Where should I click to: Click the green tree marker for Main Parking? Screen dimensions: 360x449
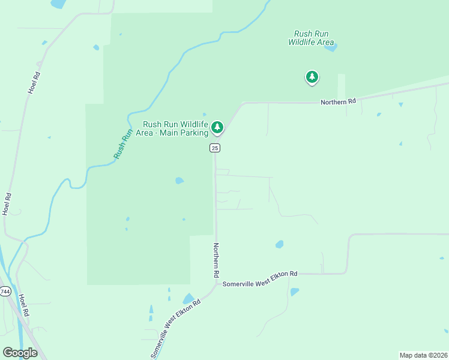click(x=217, y=127)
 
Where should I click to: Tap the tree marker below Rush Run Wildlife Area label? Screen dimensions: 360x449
click(x=312, y=77)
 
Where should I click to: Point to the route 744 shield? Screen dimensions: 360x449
click(x=5, y=291)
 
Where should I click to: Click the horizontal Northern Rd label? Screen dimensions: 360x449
click(x=338, y=102)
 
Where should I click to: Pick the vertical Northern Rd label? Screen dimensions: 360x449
click(x=215, y=259)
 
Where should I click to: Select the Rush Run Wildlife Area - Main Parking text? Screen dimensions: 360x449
click(x=172, y=128)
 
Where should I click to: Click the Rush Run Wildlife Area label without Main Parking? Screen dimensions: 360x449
click(x=311, y=38)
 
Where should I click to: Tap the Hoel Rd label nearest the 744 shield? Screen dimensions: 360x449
click(x=23, y=305)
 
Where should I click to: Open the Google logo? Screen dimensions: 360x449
click(x=20, y=352)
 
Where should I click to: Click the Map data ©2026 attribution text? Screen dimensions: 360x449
click(x=423, y=355)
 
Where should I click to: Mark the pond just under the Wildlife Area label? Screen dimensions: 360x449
click(x=330, y=47)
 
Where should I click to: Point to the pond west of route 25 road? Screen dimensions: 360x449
click(x=179, y=180)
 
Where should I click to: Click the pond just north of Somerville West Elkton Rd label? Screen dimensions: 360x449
click(x=279, y=244)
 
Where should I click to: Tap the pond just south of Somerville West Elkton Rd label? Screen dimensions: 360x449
click(x=294, y=292)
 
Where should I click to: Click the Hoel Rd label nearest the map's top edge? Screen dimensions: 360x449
click(x=34, y=83)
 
